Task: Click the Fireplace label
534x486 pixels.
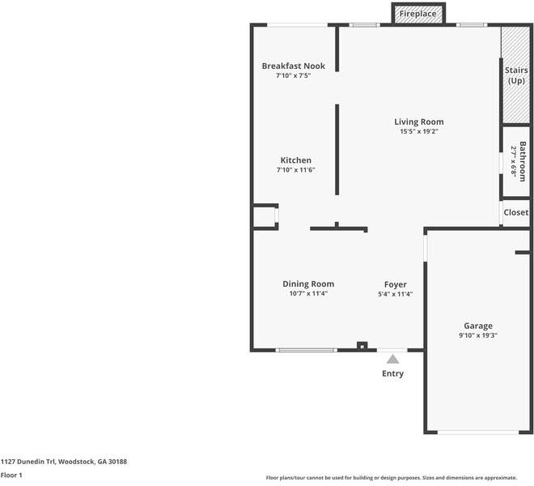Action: (x=417, y=14)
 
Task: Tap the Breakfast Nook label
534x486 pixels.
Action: (x=293, y=66)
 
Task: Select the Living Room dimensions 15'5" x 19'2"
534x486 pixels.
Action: (x=419, y=131)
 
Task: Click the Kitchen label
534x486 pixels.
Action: (x=295, y=160)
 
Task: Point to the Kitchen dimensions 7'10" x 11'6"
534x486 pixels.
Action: (x=295, y=170)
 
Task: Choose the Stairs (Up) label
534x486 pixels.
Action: (x=516, y=75)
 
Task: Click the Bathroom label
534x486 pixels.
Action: (x=523, y=161)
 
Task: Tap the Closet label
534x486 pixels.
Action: (x=516, y=212)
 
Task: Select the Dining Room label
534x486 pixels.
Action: (x=308, y=283)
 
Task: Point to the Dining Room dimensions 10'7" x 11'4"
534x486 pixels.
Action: (x=308, y=293)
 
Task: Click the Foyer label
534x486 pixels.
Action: (x=396, y=284)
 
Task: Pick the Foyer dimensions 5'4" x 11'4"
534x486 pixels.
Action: (x=396, y=294)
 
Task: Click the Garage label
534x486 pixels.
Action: (x=478, y=326)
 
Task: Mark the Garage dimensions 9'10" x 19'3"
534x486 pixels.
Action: (x=478, y=335)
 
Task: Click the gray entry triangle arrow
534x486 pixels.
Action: (x=392, y=360)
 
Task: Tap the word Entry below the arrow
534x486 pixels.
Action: (x=392, y=373)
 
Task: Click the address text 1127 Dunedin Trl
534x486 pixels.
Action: (x=28, y=462)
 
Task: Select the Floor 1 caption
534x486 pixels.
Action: (x=11, y=475)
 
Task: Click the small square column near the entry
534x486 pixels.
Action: (x=362, y=346)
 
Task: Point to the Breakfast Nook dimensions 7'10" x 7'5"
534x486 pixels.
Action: (x=293, y=75)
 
